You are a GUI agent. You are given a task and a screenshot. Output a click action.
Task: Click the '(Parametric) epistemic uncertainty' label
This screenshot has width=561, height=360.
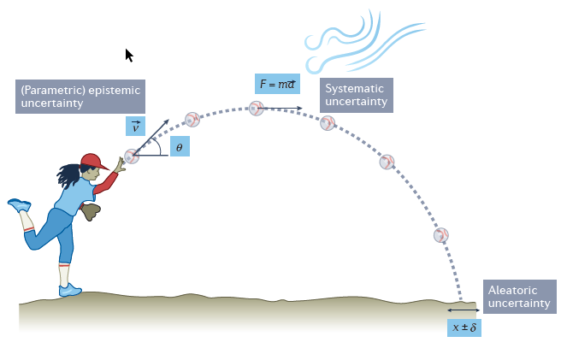click(79, 97)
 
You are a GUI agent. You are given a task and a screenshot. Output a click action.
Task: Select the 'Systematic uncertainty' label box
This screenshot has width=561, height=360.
click(357, 95)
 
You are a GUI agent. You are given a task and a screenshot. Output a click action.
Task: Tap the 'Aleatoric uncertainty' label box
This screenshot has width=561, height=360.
click(519, 297)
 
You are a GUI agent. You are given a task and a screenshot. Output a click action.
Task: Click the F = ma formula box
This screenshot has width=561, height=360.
click(278, 84)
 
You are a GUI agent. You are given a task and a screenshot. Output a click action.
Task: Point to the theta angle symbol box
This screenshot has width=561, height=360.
click(180, 147)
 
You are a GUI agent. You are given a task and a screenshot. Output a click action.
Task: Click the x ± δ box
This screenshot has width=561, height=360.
click(464, 327)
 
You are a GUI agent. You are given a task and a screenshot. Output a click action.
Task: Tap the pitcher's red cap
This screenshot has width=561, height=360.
click(94, 161)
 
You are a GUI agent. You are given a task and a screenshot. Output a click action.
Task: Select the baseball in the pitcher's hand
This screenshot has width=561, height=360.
click(131, 156)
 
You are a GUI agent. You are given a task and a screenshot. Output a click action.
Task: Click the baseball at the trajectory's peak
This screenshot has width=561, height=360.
click(256, 108)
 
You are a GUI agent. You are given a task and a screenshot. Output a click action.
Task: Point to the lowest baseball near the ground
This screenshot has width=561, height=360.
click(441, 234)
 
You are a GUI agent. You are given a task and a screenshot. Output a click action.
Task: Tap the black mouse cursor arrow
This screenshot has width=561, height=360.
click(128, 56)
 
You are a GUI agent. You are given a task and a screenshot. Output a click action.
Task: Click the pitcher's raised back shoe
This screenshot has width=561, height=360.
click(19, 205)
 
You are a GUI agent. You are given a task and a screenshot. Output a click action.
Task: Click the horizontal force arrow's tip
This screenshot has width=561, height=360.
click(300, 109)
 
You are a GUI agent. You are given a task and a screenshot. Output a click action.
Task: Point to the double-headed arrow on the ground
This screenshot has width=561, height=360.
click(464, 310)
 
